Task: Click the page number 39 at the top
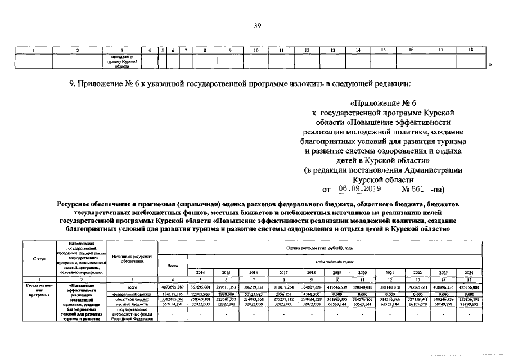coord(254,25)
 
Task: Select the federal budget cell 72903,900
coord(200,294)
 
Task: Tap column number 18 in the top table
coord(470,51)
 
